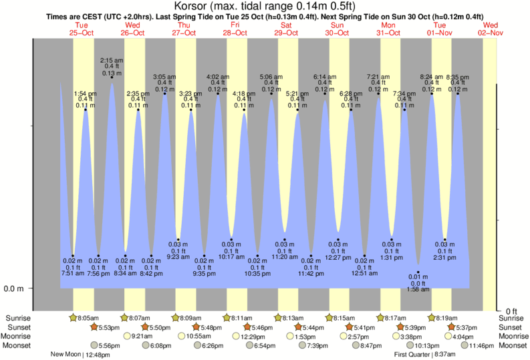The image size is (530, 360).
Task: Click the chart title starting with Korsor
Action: click(x=265, y=7)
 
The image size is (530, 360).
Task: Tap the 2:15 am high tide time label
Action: click(x=111, y=61)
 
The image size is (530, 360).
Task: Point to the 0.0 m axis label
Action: click(x=15, y=289)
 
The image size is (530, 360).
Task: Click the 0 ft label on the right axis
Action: click(x=511, y=311)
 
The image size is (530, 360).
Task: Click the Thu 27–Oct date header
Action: click(x=184, y=29)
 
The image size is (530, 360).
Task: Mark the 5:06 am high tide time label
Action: click(x=271, y=76)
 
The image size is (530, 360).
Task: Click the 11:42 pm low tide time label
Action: click(x=311, y=273)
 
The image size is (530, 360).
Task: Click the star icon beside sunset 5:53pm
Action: click(x=95, y=327)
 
